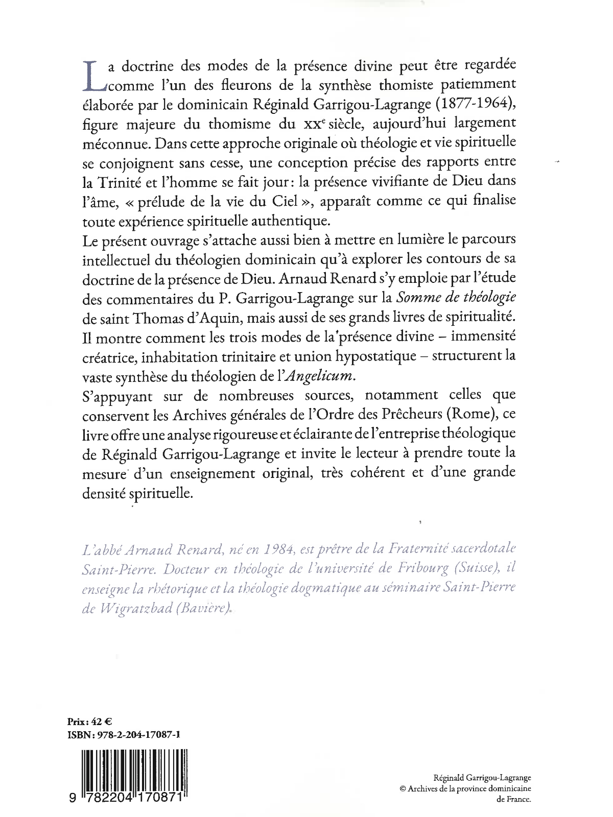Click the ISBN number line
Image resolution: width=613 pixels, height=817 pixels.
coord(123,735)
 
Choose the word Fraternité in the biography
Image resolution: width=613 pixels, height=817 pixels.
coord(422,548)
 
